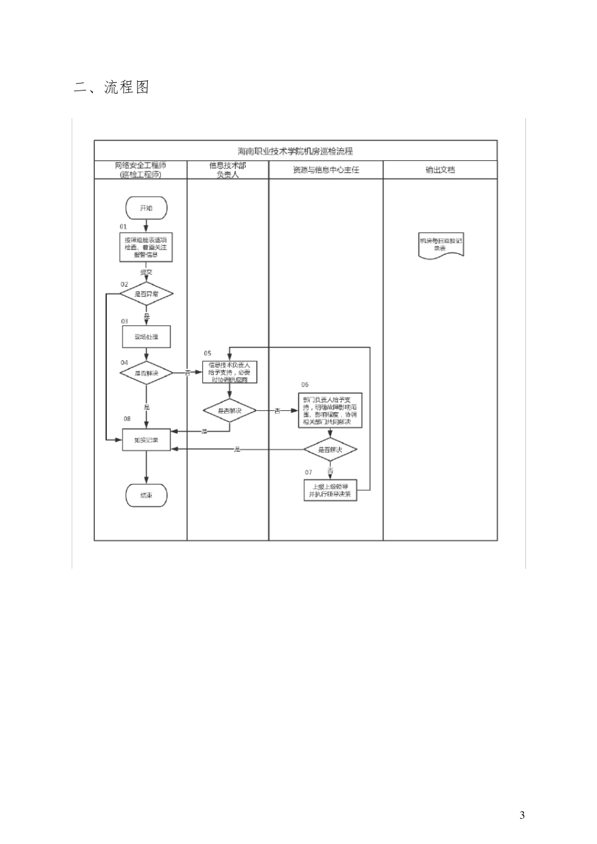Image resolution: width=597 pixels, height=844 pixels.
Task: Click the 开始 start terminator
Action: tap(146, 207)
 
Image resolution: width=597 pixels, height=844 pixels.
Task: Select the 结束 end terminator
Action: tap(146, 495)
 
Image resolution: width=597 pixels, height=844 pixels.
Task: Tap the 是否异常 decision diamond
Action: tap(146, 293)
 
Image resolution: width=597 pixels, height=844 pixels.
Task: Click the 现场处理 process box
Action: tap(146, 336)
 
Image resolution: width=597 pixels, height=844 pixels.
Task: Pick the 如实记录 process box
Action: tap(146, 440)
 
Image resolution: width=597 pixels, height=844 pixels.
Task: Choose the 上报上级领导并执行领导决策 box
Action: tap(330, 490)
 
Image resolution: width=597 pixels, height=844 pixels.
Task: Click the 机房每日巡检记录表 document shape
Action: tap(441, 244)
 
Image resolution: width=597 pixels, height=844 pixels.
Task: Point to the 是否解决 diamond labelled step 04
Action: tap(146, 373)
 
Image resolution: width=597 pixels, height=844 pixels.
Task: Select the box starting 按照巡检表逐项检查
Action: tap(146, 248)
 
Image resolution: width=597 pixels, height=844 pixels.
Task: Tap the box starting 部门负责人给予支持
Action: tap(330, 410)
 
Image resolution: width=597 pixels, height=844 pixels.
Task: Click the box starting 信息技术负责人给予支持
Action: tap(229, 372)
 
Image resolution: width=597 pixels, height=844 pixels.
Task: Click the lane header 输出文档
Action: tap(440, 170)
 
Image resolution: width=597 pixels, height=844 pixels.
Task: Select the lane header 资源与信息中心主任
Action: tap(326, 170)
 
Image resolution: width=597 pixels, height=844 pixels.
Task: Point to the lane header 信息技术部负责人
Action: tap(227, 170)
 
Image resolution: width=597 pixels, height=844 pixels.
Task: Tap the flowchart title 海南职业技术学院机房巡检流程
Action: tap(295, 151)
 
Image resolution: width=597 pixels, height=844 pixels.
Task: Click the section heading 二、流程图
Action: tap(111, 87)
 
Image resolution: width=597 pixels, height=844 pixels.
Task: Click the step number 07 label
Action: tap(308, 472)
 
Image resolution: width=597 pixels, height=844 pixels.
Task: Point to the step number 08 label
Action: tap(127, 419)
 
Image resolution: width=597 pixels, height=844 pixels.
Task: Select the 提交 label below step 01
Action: tap(146, 272)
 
